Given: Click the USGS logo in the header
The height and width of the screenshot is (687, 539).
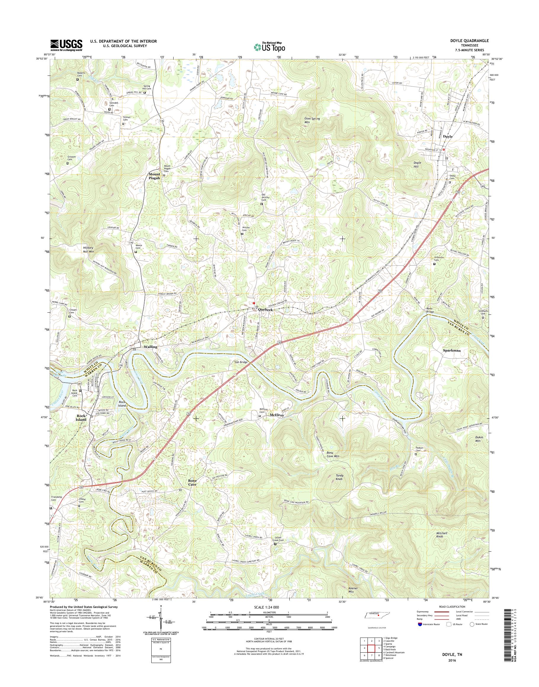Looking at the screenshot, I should point(66,45).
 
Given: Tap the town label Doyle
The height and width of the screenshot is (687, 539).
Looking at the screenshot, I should point(447,137).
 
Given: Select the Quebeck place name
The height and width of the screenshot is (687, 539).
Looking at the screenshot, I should point(265,310).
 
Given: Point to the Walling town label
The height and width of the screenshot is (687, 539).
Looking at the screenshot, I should point(150,347).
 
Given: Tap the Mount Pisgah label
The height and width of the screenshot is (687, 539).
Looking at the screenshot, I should point(154,176).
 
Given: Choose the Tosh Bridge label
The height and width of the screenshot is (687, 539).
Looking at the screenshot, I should point(240,362).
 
